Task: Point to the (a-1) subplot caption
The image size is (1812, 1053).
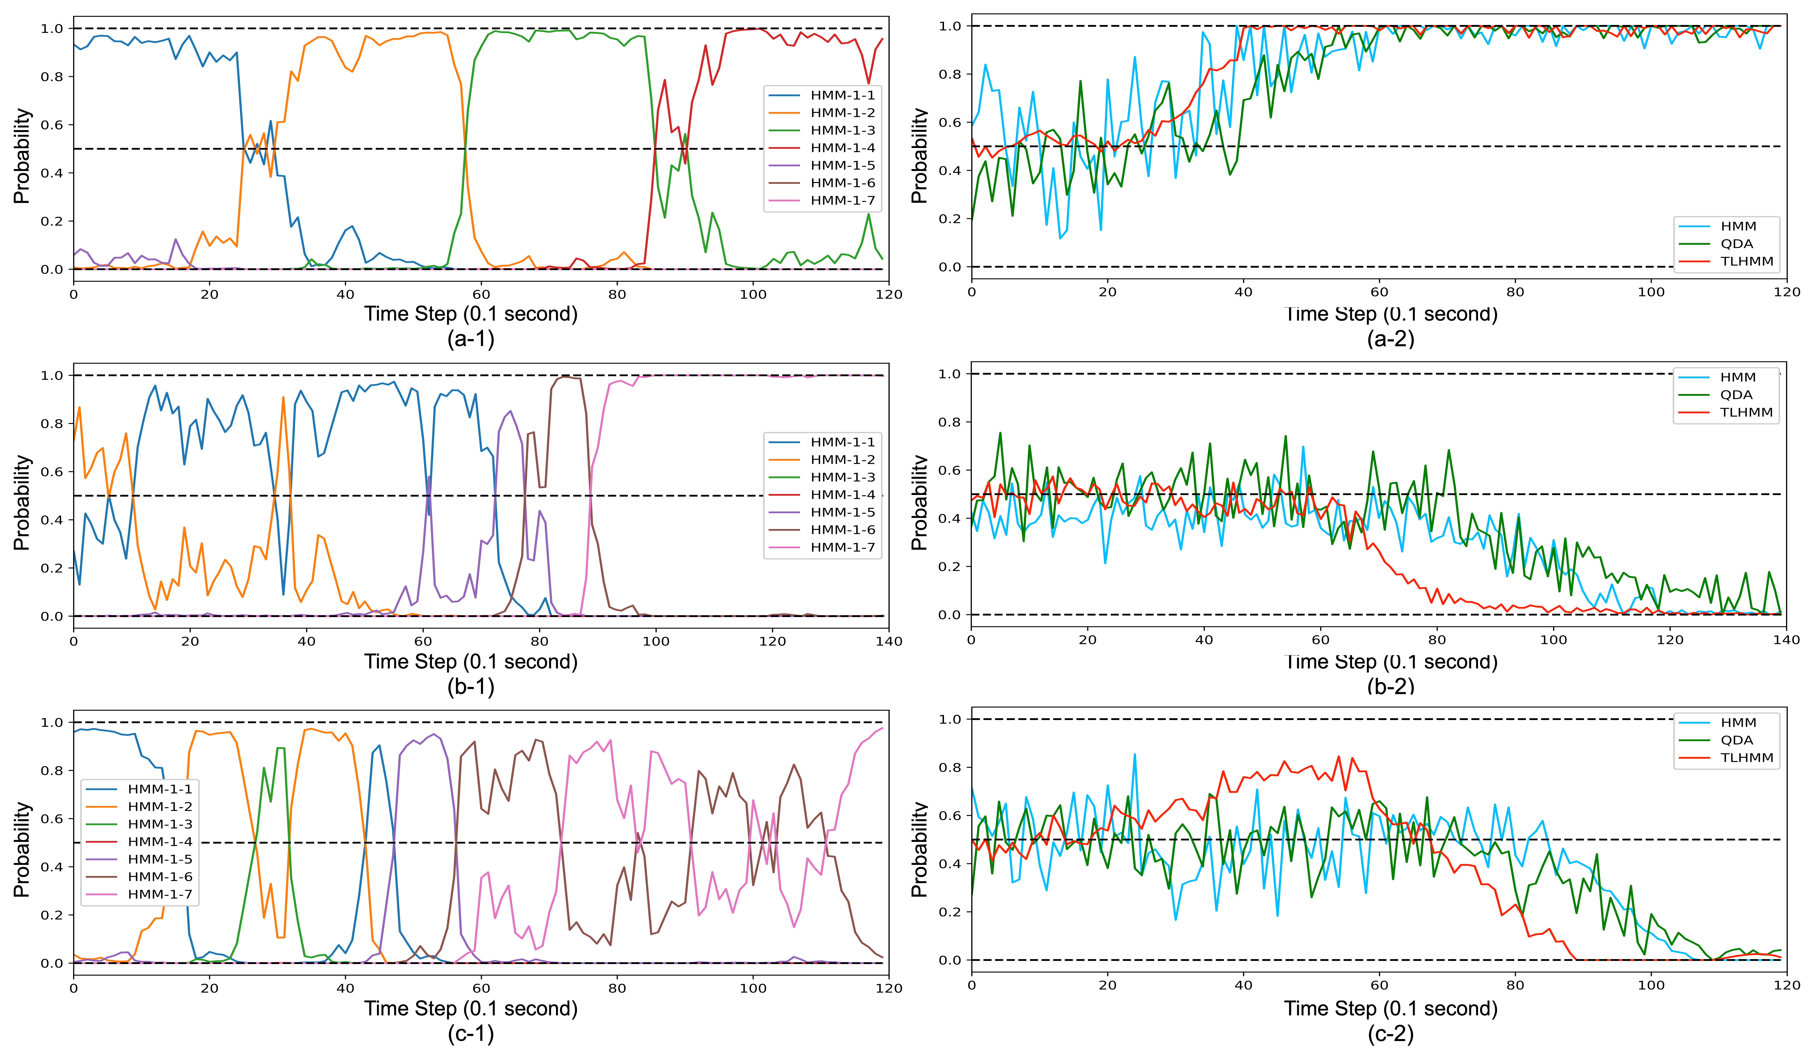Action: (x=471, y=339)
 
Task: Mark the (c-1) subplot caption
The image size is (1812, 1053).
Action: (x=471, y=1034)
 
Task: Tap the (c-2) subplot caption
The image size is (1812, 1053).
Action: (x=1391, y=1034)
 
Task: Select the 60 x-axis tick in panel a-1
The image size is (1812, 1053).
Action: (x=481, y=294)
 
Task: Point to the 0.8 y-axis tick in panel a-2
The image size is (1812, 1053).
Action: (x=950, y=74)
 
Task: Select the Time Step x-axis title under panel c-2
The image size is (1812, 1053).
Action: (x=1391, y=1008)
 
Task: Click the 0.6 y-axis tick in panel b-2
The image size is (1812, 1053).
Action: (x=950, y=470)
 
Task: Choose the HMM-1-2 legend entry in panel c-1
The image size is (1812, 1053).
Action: (x=139, y=807)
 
